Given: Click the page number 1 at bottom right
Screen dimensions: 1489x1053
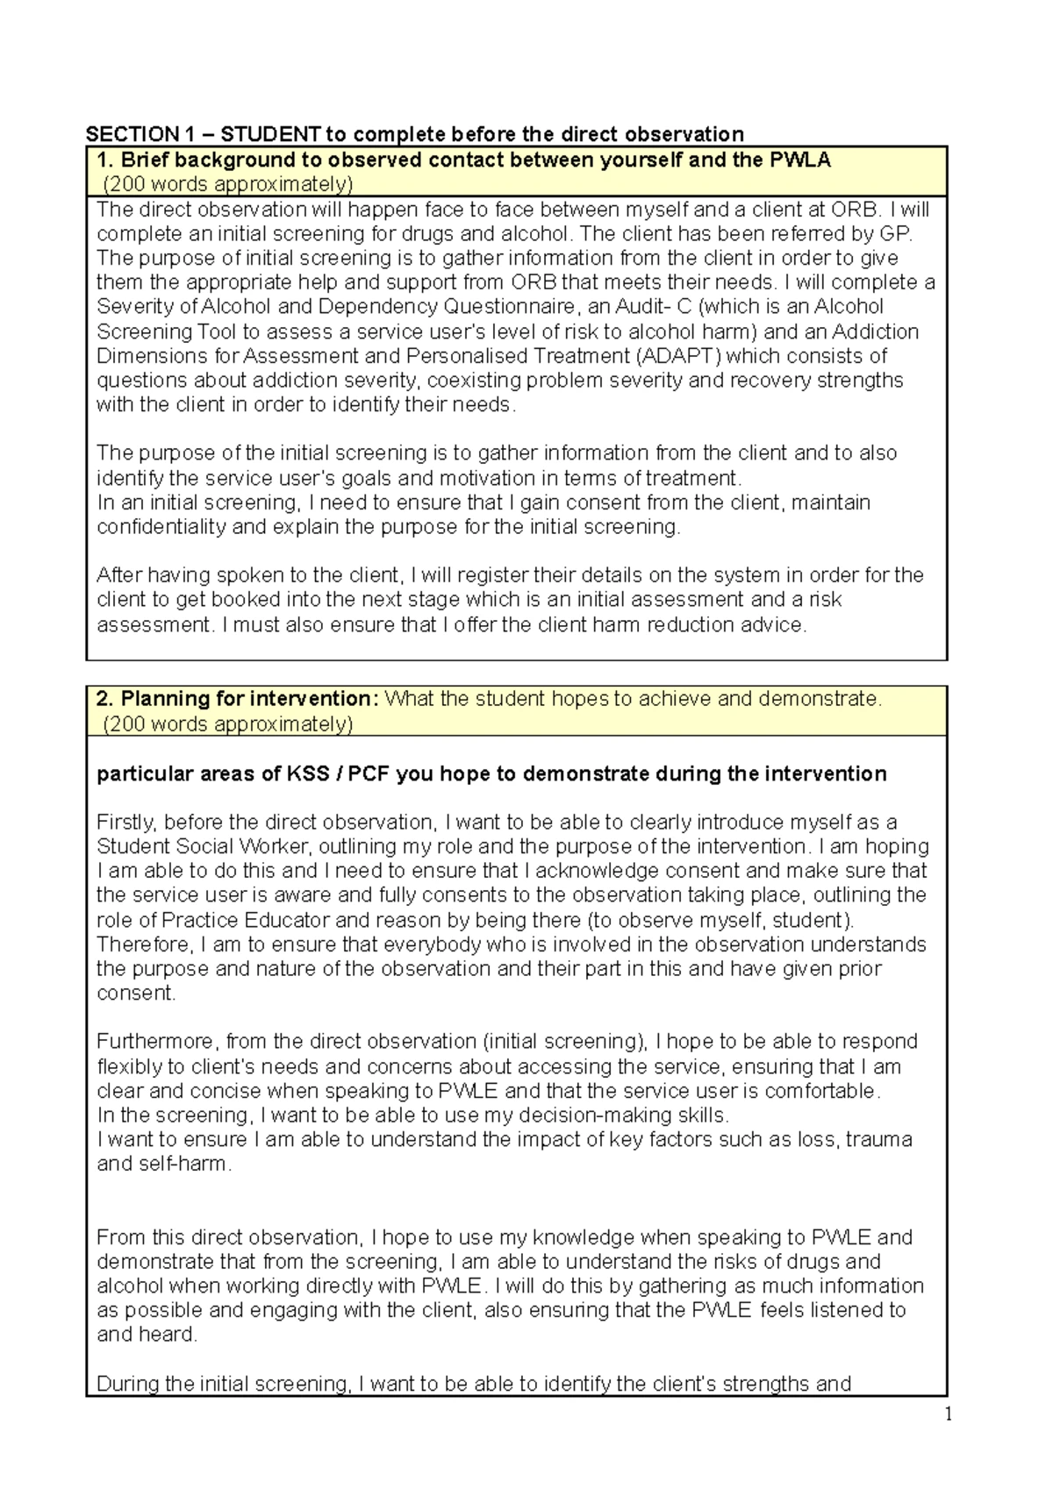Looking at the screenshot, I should [948, 1414].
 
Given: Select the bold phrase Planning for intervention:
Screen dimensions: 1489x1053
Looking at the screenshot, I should [237, 699].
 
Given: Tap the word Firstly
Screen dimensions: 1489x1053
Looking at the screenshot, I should [126, 823].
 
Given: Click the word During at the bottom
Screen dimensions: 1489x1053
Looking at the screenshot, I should [128, 1384].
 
